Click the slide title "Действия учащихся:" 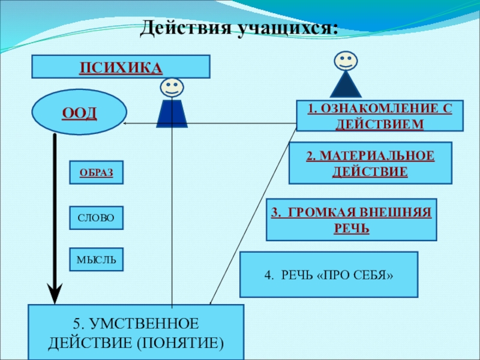click(x=239, y=28)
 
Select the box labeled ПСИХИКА click(x=121, y=67)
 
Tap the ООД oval click(x=79, y=112)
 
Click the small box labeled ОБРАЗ click(x=97, y=172)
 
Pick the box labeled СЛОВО click(x=97, y=218)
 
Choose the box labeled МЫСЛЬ click(x=97, y=260)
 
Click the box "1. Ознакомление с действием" click(x=380, y=116)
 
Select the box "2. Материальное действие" click(x=370, y=163)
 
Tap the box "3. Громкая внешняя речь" click(x=352, y=220)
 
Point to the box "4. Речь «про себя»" click(x=329, y=275)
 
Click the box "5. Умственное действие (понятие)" click(x=136, y=332)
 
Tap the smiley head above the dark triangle click(x=346, y=61)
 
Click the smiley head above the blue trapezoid click(x=172, y=88)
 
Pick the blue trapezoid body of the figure click(x=172, y=113)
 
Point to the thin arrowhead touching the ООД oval click(x=124, y=124)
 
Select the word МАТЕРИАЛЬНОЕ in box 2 click(x=377, y=155)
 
